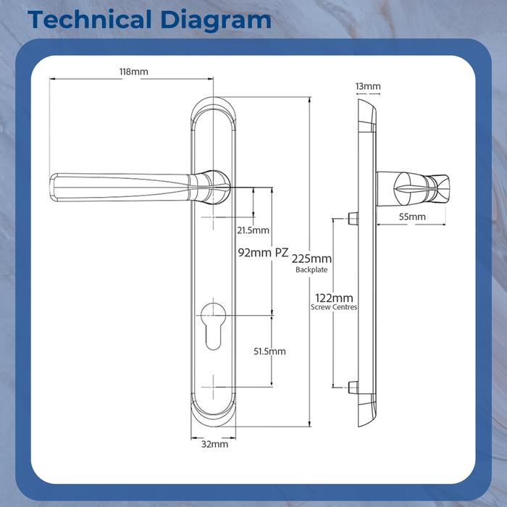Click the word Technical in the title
pos(90,20)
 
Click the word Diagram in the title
pos(216,21)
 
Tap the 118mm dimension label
pos(133,72)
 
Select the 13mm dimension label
pos(368,86)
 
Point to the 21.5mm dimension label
pos(253,230)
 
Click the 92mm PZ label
pos(263,253)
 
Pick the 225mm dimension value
pos(311,259)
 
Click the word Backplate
pos(311,269)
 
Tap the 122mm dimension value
pos(334,298)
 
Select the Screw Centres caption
pos(334,307)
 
